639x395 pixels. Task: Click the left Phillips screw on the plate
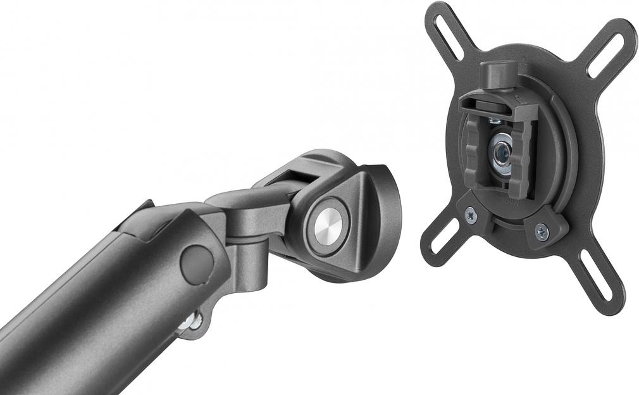[471, 215]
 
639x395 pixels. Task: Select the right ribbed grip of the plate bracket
[520, 161]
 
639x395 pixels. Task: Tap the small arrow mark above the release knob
[524, 61]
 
